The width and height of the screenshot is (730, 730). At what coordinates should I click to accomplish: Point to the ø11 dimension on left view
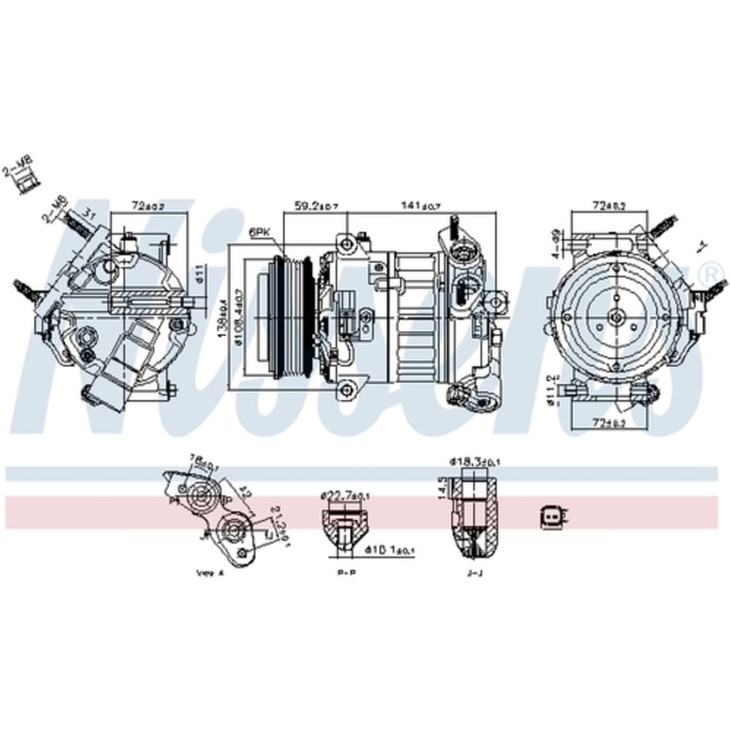(x=199, y=275)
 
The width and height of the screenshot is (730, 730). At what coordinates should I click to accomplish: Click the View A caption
(x=210, y=574)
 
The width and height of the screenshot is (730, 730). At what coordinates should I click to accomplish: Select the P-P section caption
(x=346, y=574)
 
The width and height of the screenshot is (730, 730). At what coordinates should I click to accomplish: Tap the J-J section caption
(x=474, y=574)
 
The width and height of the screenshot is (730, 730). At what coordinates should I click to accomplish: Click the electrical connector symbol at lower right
(x=553, y=517)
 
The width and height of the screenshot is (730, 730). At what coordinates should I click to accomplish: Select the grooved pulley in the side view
(x=287, y=318)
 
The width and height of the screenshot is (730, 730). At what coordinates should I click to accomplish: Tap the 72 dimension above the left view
(x=146, y=207)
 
